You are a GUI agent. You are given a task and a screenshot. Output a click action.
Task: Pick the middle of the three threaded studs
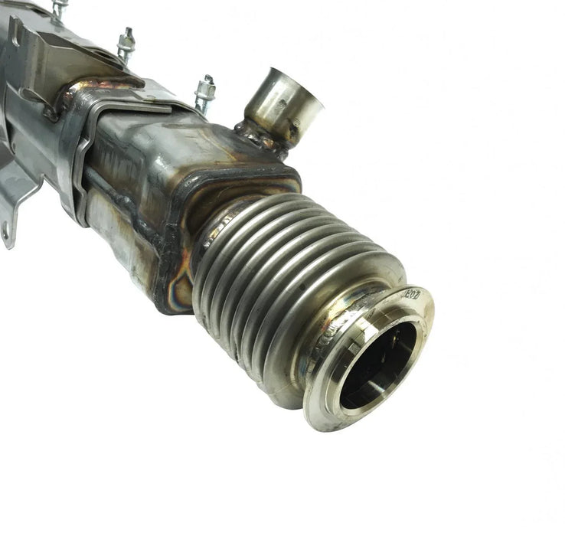click(126, 44)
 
